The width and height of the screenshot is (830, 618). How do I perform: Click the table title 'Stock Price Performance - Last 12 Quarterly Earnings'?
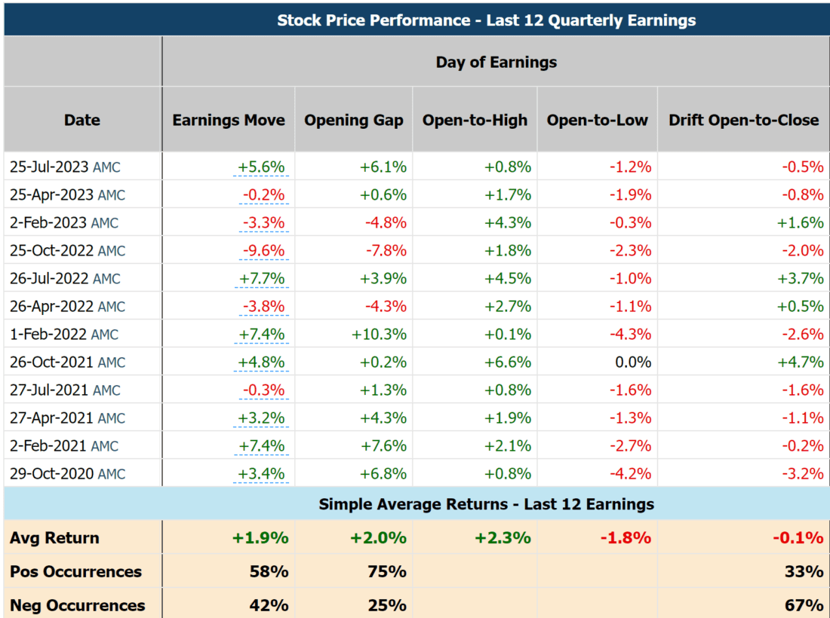[x=486, y=20]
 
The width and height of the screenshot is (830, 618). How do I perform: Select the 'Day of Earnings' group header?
[x=496, y=63]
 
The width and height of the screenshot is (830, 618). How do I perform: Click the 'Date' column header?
[x=82, y=120]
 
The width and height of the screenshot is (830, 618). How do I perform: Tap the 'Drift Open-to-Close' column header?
[x=743, y=120]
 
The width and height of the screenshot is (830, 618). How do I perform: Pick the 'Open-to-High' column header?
[x=475, y=120]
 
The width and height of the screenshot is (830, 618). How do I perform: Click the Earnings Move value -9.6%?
[x=263, y=251]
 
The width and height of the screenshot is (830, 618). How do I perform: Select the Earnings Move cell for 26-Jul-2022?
[x=262, y=279]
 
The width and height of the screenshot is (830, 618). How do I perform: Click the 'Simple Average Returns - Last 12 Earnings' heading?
[x=486, y=504]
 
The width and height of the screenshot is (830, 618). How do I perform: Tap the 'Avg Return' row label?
[x=54, y=538]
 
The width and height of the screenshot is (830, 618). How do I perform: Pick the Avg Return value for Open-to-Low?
[x=626, y=538]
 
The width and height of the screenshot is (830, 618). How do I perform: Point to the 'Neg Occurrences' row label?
[x=77, y=605]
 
